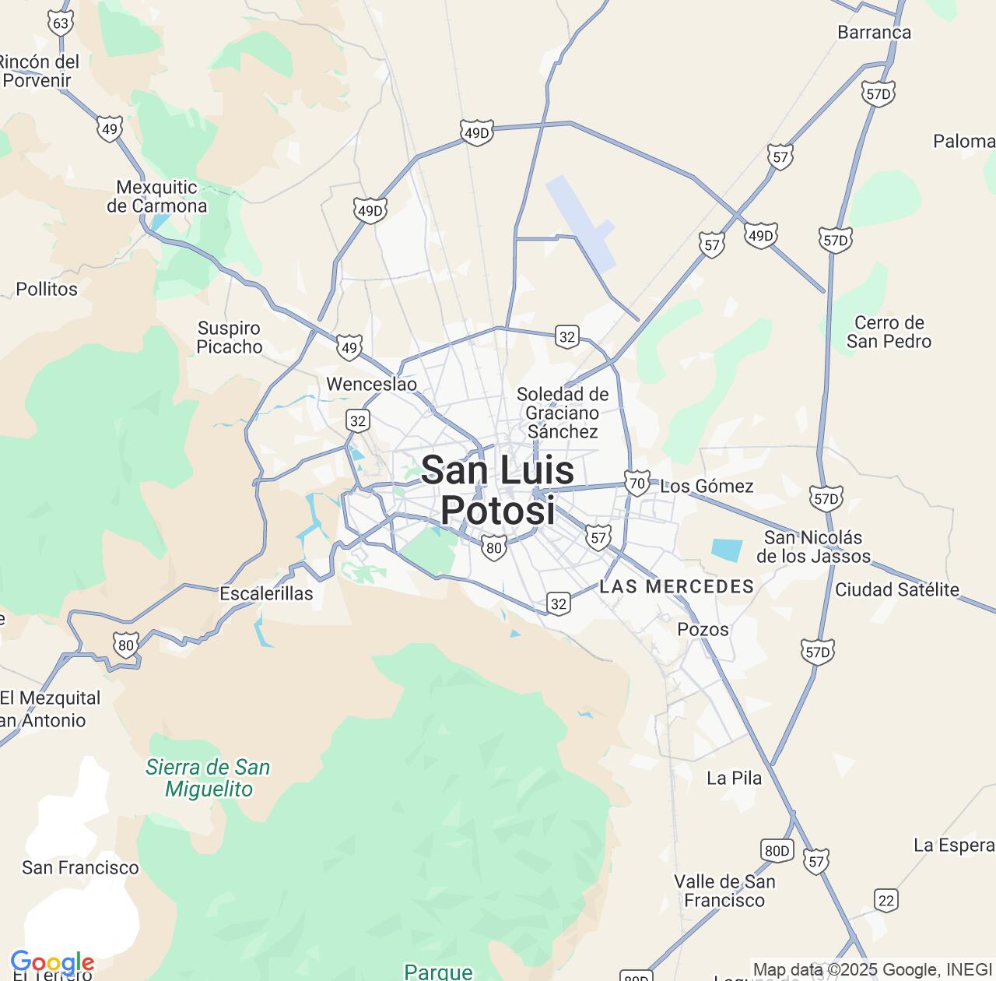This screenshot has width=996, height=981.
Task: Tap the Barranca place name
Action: pyautogui.click(x=875, y=33)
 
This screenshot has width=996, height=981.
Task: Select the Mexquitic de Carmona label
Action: pyautogui.click(x=157, y=197)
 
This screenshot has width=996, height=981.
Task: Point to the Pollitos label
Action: pyautogui.click(x=47, y=290)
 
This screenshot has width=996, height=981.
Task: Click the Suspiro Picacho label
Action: pyautogui.click(x=229, y=338)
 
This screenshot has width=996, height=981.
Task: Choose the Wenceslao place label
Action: pyautogui.click(x=371, y=385)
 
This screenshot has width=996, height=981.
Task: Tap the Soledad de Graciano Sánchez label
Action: pyautogui.click(x=563, y=413)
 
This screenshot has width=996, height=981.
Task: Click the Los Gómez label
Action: pyautogui.click(x=707, y=487)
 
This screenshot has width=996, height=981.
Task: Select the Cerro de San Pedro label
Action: pyautogui.click(x=889, y=332)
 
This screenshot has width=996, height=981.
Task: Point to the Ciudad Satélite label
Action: pyautogui.click(x=896, y=590)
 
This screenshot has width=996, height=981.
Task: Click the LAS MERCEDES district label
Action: pyautogui.click(x=677, y=586)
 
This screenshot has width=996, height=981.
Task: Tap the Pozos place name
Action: pyautogui.click(x=703, y=629)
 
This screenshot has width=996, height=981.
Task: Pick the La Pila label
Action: pyautogui.click(x=734, y=778)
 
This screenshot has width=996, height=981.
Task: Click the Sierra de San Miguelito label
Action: pyautogui.click(x=208, y=778)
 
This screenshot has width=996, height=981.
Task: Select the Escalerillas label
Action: pyautogui.click(x=266, y=594)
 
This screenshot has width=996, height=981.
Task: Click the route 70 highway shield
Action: pyautogui.click(x=637, y=483)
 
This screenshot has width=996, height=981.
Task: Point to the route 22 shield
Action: pyautogui.click(x=886, y=900)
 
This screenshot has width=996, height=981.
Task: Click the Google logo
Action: pyautogui.click(x=52, y=964)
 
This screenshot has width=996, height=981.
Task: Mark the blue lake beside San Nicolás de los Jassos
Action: pyautogui.click(x=727, y=550)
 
